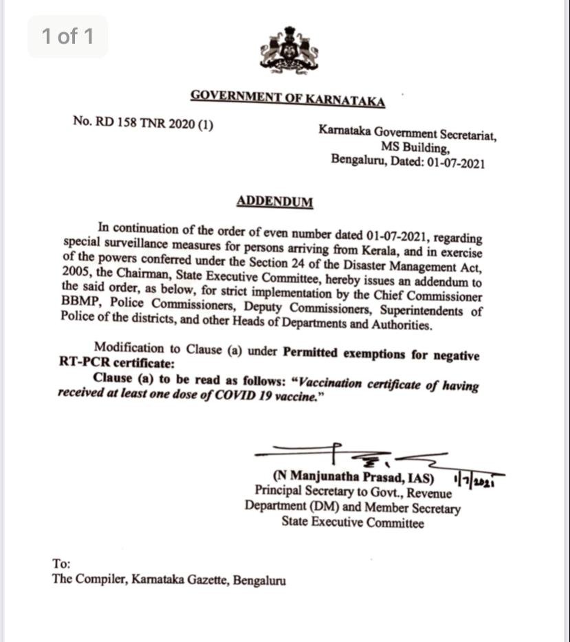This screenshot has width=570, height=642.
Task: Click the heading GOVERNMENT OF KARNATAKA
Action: (287, 98)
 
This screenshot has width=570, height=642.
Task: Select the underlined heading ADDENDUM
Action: (275, 201)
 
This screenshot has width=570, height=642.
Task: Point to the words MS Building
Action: (416, 147)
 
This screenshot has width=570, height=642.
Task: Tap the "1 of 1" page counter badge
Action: (67, 36)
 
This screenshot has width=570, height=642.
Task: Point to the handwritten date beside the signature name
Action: (476, 479)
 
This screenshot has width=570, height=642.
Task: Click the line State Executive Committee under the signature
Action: (353, 523)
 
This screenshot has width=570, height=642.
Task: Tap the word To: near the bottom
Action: (61, 563)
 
